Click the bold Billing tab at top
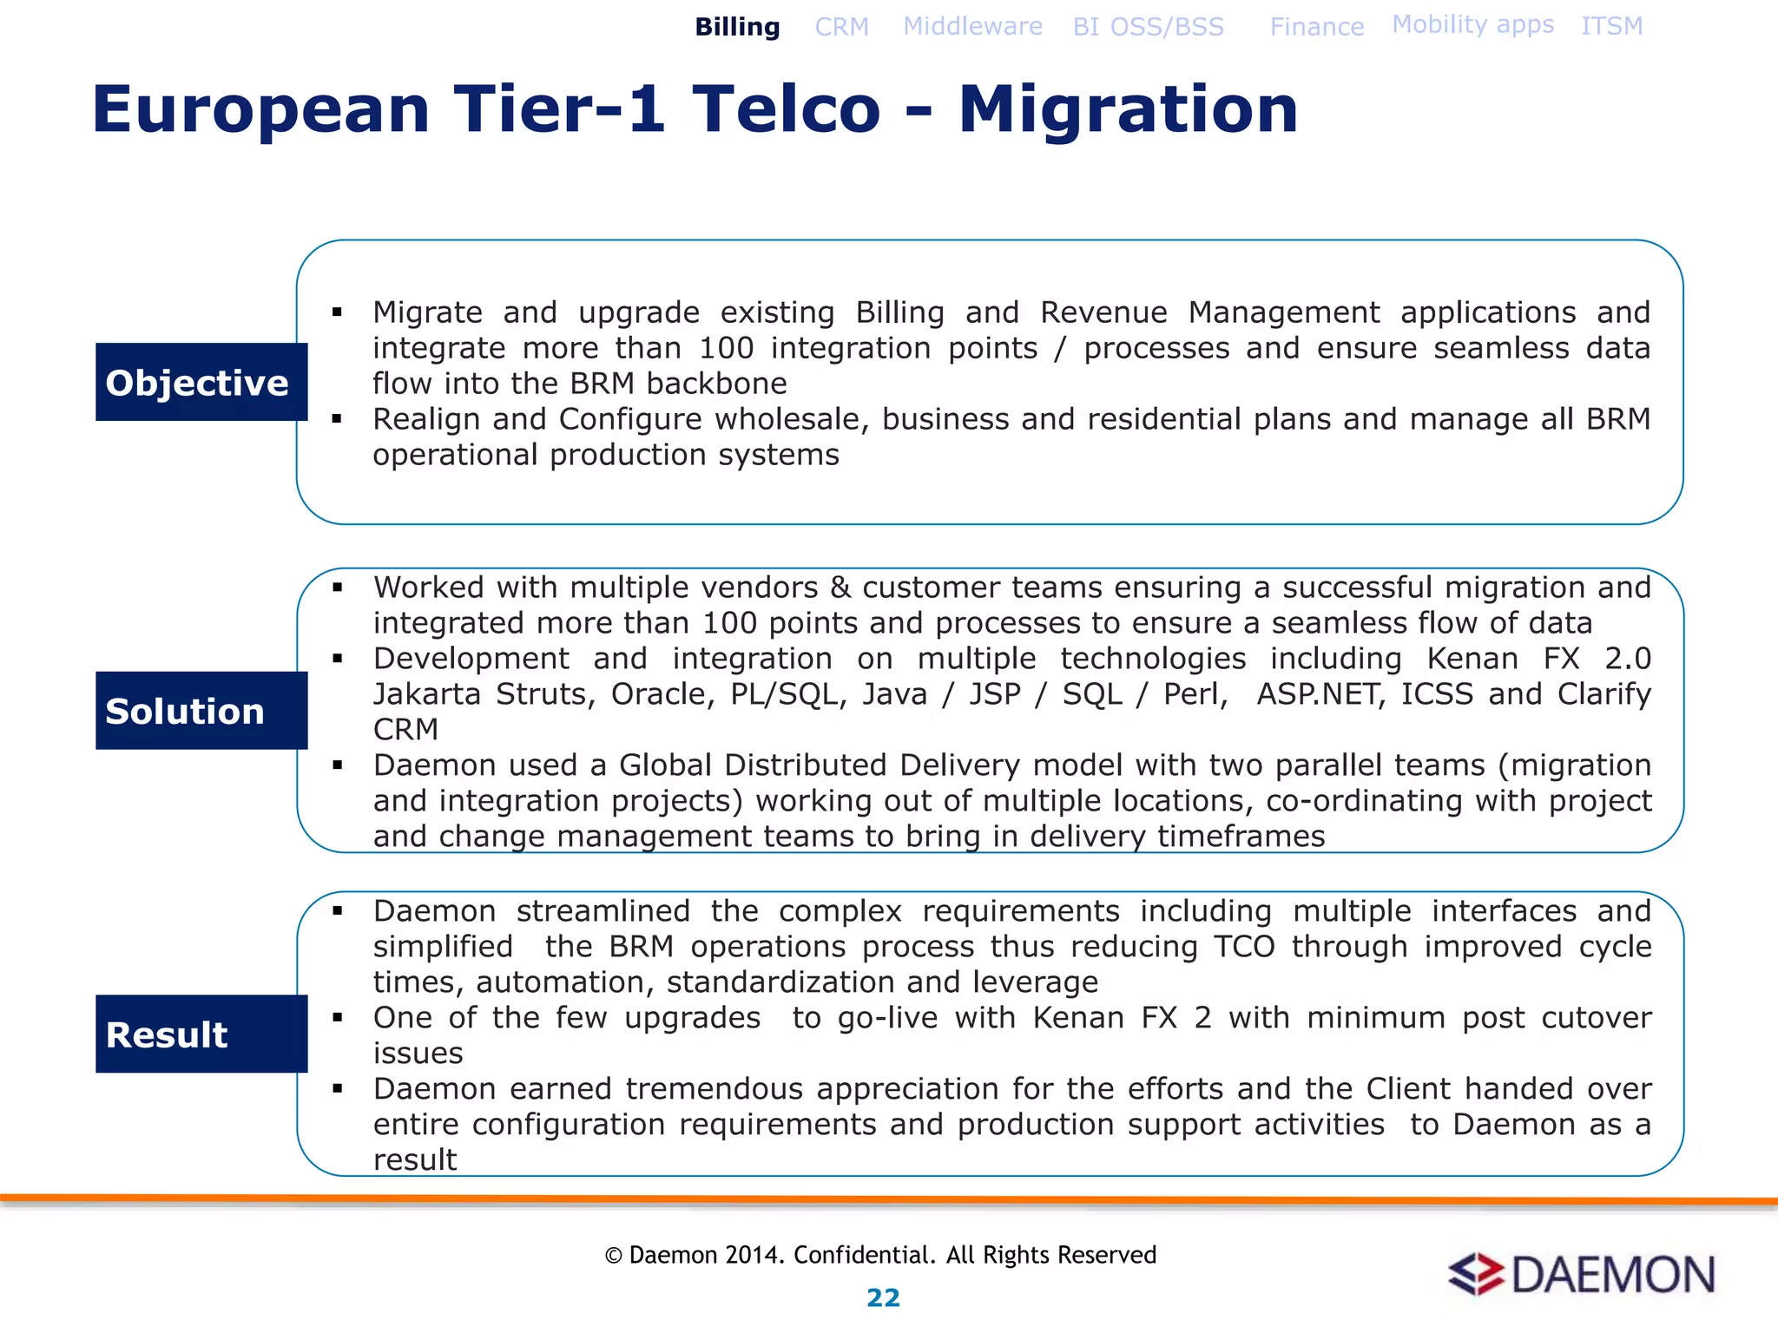pos(737,27)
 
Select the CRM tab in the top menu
pos(841,27)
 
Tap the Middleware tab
pos(972,26)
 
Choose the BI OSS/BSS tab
pos(1148,27)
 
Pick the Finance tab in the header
pos(1316,27)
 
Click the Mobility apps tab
pos(1472,24)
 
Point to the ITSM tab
pos(1611,26)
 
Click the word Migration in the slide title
pos(1128,109)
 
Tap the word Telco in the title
pos(786,109)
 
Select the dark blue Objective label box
pos(201,382)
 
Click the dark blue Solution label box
pos(201,710)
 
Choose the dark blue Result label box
pos(201,1034)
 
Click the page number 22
pos(883,1297)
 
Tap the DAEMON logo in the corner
pos(1581,1274)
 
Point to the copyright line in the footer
pos(880,1255)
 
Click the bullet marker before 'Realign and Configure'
pos(338,419)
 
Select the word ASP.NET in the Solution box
pos(1319,694)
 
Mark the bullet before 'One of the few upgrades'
pos(338,1017)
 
